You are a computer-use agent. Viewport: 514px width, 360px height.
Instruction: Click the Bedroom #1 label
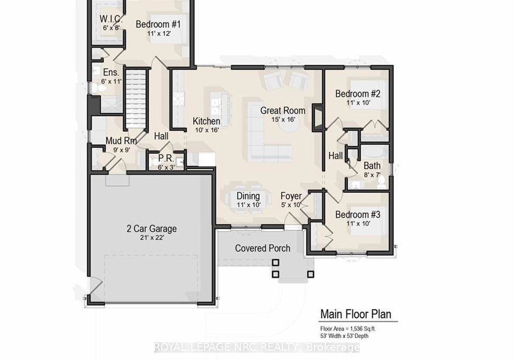(158, 24)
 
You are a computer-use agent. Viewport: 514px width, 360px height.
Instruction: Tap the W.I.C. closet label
(111, 19)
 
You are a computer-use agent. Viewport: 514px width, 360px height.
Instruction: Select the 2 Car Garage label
(152, 229)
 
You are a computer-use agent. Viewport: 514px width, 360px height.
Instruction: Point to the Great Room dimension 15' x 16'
(283, 119)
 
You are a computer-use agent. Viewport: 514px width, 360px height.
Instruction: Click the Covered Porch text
(262, 248)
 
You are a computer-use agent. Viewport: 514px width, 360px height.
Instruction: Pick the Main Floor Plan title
(356, 314)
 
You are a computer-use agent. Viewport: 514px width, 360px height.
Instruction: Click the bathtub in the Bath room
(375, 153)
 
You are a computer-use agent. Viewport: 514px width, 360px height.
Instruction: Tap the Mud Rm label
(121, 141)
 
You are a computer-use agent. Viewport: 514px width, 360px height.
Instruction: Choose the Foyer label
(291, 196)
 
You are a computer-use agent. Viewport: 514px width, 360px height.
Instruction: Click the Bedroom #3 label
(358, 215)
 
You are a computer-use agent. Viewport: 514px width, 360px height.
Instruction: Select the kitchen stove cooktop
(179, 99)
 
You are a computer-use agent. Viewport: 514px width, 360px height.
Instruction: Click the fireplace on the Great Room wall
(316, 118)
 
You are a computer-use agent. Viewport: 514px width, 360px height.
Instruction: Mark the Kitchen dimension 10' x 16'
(207, 130)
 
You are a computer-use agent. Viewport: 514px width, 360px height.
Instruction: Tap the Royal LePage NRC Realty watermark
(257, 347)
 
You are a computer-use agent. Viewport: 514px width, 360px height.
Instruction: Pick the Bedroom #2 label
(358, 94)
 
